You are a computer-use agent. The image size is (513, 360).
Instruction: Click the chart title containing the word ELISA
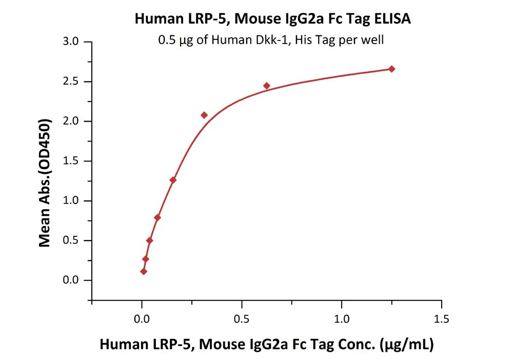[x=272, y=19]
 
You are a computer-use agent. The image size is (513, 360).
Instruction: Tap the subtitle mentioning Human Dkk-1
[x=270, y=40]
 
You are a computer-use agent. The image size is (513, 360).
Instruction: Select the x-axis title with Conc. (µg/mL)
[x=266, y=344]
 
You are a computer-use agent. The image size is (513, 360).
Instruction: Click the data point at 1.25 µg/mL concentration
[x=391, y=69]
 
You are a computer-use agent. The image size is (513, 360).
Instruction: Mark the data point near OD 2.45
[x=267, y=86]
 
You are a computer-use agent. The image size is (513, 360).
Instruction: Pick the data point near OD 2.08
[x=204, y=115]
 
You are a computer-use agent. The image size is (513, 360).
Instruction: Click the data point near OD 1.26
[x=173, y=180]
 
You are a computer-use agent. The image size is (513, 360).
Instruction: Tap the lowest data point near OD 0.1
[x=144, y=271]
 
